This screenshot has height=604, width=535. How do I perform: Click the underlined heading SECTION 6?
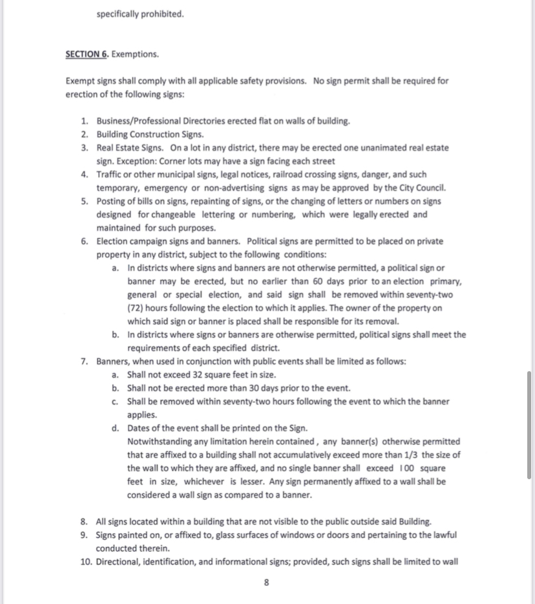[x=87, y=54]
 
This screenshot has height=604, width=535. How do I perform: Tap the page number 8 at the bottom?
[x=267, y=582]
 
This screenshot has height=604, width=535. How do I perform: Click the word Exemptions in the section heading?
[x=135, y=54]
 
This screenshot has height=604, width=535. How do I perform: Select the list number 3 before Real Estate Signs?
[x=85, y=148]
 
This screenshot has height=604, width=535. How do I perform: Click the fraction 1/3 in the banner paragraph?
[x=412, y=455]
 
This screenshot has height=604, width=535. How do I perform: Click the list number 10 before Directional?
[x=86, y=562]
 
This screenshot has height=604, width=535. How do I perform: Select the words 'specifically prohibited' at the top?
[x=140, y=13]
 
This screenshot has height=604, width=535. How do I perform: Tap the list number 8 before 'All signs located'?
[x=85, y=522]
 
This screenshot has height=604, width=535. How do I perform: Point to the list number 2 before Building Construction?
[x=85, y=135]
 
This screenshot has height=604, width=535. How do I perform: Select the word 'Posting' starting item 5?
[x=110, y=201]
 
